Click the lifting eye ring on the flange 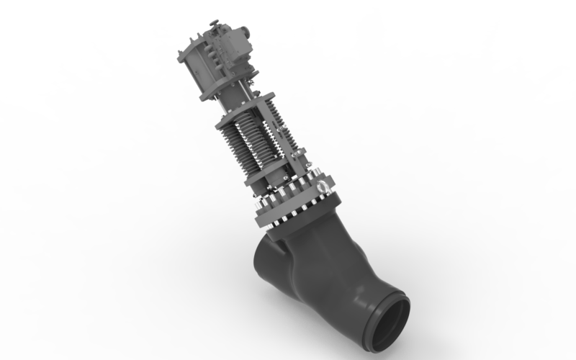coord(323,189)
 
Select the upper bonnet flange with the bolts coord(295,194)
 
